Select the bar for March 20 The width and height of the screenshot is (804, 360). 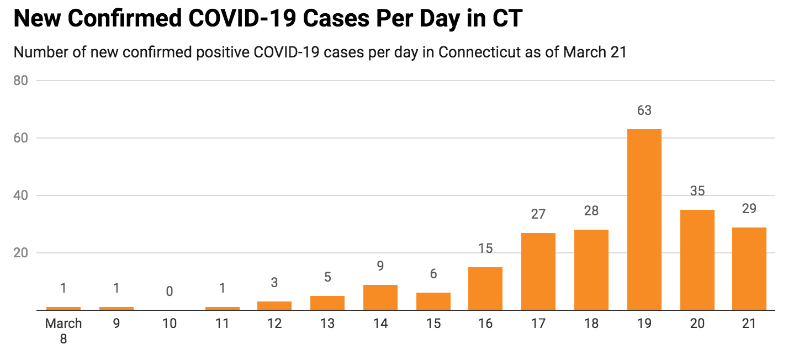coord(697,260)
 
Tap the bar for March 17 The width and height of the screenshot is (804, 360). coord(538,272)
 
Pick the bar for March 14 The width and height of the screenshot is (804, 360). coord(380,298)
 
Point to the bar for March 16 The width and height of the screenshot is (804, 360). coord(485,289)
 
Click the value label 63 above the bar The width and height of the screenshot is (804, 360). coord(644,110)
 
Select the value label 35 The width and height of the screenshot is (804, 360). coord(697,191)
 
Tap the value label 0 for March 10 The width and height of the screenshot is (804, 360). coord(170,291)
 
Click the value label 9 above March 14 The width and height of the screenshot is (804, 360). coord(380,266)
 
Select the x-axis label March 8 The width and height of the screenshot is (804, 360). coord(64,331)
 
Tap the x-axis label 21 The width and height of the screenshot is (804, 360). coord(749,324)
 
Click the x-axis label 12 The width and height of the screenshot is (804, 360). coord(274,324)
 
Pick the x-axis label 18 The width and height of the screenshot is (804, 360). coord(591,324)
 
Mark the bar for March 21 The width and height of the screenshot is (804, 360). coord(749,269)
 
